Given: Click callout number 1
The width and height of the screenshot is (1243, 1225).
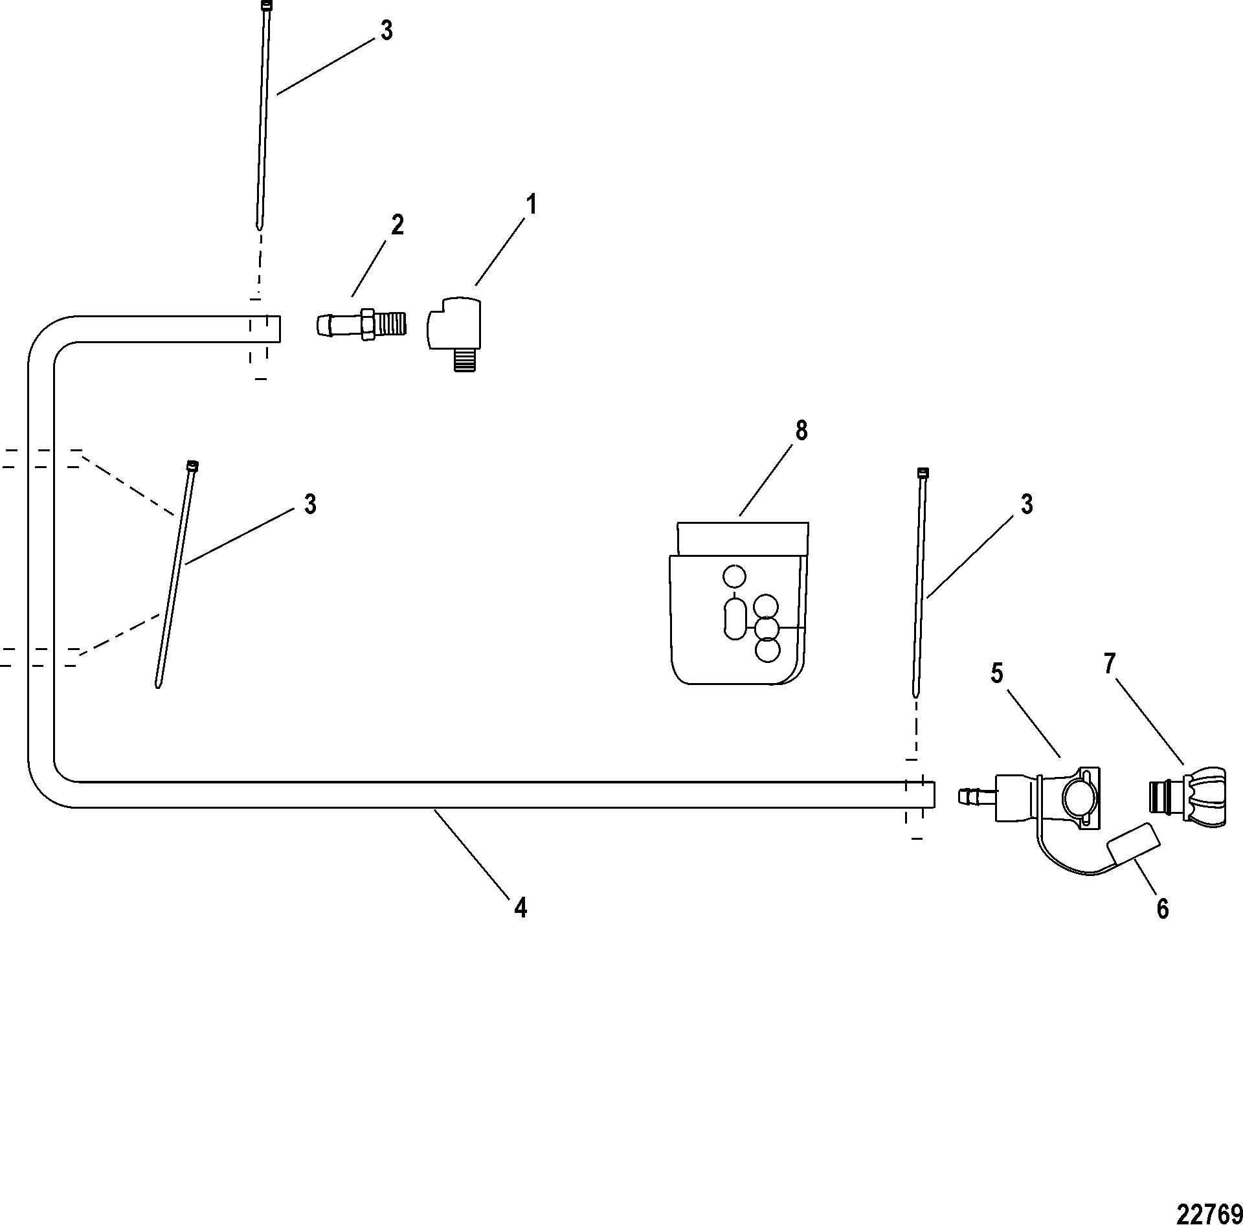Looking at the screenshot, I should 530,205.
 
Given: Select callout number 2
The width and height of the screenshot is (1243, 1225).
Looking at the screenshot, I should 397,225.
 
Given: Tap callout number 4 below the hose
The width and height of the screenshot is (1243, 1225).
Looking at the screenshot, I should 520,908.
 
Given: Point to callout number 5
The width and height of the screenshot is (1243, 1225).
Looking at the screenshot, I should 996,674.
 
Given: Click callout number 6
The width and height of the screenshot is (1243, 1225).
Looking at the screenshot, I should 1163,909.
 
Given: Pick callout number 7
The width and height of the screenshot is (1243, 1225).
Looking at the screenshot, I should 1110,664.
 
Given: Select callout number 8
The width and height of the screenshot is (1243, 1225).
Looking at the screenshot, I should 801,430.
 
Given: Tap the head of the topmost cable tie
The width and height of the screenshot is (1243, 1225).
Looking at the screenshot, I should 267,6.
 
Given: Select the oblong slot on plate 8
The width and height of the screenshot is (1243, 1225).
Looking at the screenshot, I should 734,619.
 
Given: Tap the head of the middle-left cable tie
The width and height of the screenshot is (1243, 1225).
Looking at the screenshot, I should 192,465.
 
